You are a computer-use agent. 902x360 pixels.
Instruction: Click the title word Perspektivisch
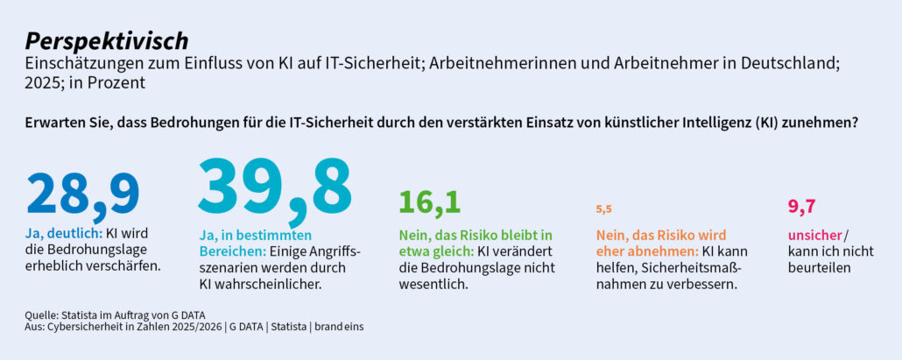click(106, 40)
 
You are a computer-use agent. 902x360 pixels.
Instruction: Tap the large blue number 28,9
click(83, 194)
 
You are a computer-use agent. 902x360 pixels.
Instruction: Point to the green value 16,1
click(429, 202)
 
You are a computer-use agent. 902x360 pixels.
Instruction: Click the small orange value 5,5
click(603, 208)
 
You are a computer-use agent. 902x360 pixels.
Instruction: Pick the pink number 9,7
click(801, 207)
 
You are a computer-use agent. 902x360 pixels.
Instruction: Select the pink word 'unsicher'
click(814, 235)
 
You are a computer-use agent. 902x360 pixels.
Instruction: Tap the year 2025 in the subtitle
click(45, 83)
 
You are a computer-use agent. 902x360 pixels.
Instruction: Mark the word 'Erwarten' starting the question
click(54, 124)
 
